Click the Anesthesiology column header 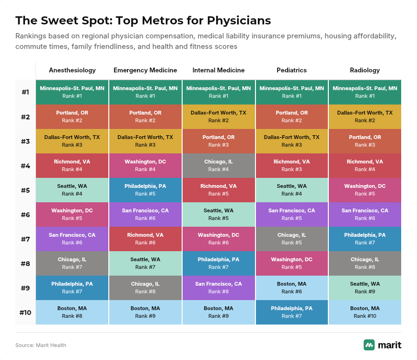tap(72, 70)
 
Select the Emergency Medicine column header tap(145, 70)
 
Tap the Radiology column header tap(365, 70)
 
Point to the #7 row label tap(25, 239)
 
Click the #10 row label tap(25, 313)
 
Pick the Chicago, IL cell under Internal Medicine tap(219, 166)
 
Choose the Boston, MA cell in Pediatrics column tap(292, 288)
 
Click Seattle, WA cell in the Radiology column tap(365, 288)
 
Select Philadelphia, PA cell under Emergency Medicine tap(145, 190)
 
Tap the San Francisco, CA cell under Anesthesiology tap(72, 239)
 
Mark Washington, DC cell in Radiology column tap(365, 190)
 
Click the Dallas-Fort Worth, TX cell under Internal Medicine tap(219, 116)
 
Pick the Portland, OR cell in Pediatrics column tap(292, 116)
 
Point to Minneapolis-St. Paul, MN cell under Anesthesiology tap(72, 92)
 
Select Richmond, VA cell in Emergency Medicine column tap(145, 239)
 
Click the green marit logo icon tap(369, 345)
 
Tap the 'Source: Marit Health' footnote tap(41, 345)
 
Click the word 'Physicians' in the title tap(239, 21)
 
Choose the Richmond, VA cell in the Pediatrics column tap(292, 166)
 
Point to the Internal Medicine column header tap(219, 70)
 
